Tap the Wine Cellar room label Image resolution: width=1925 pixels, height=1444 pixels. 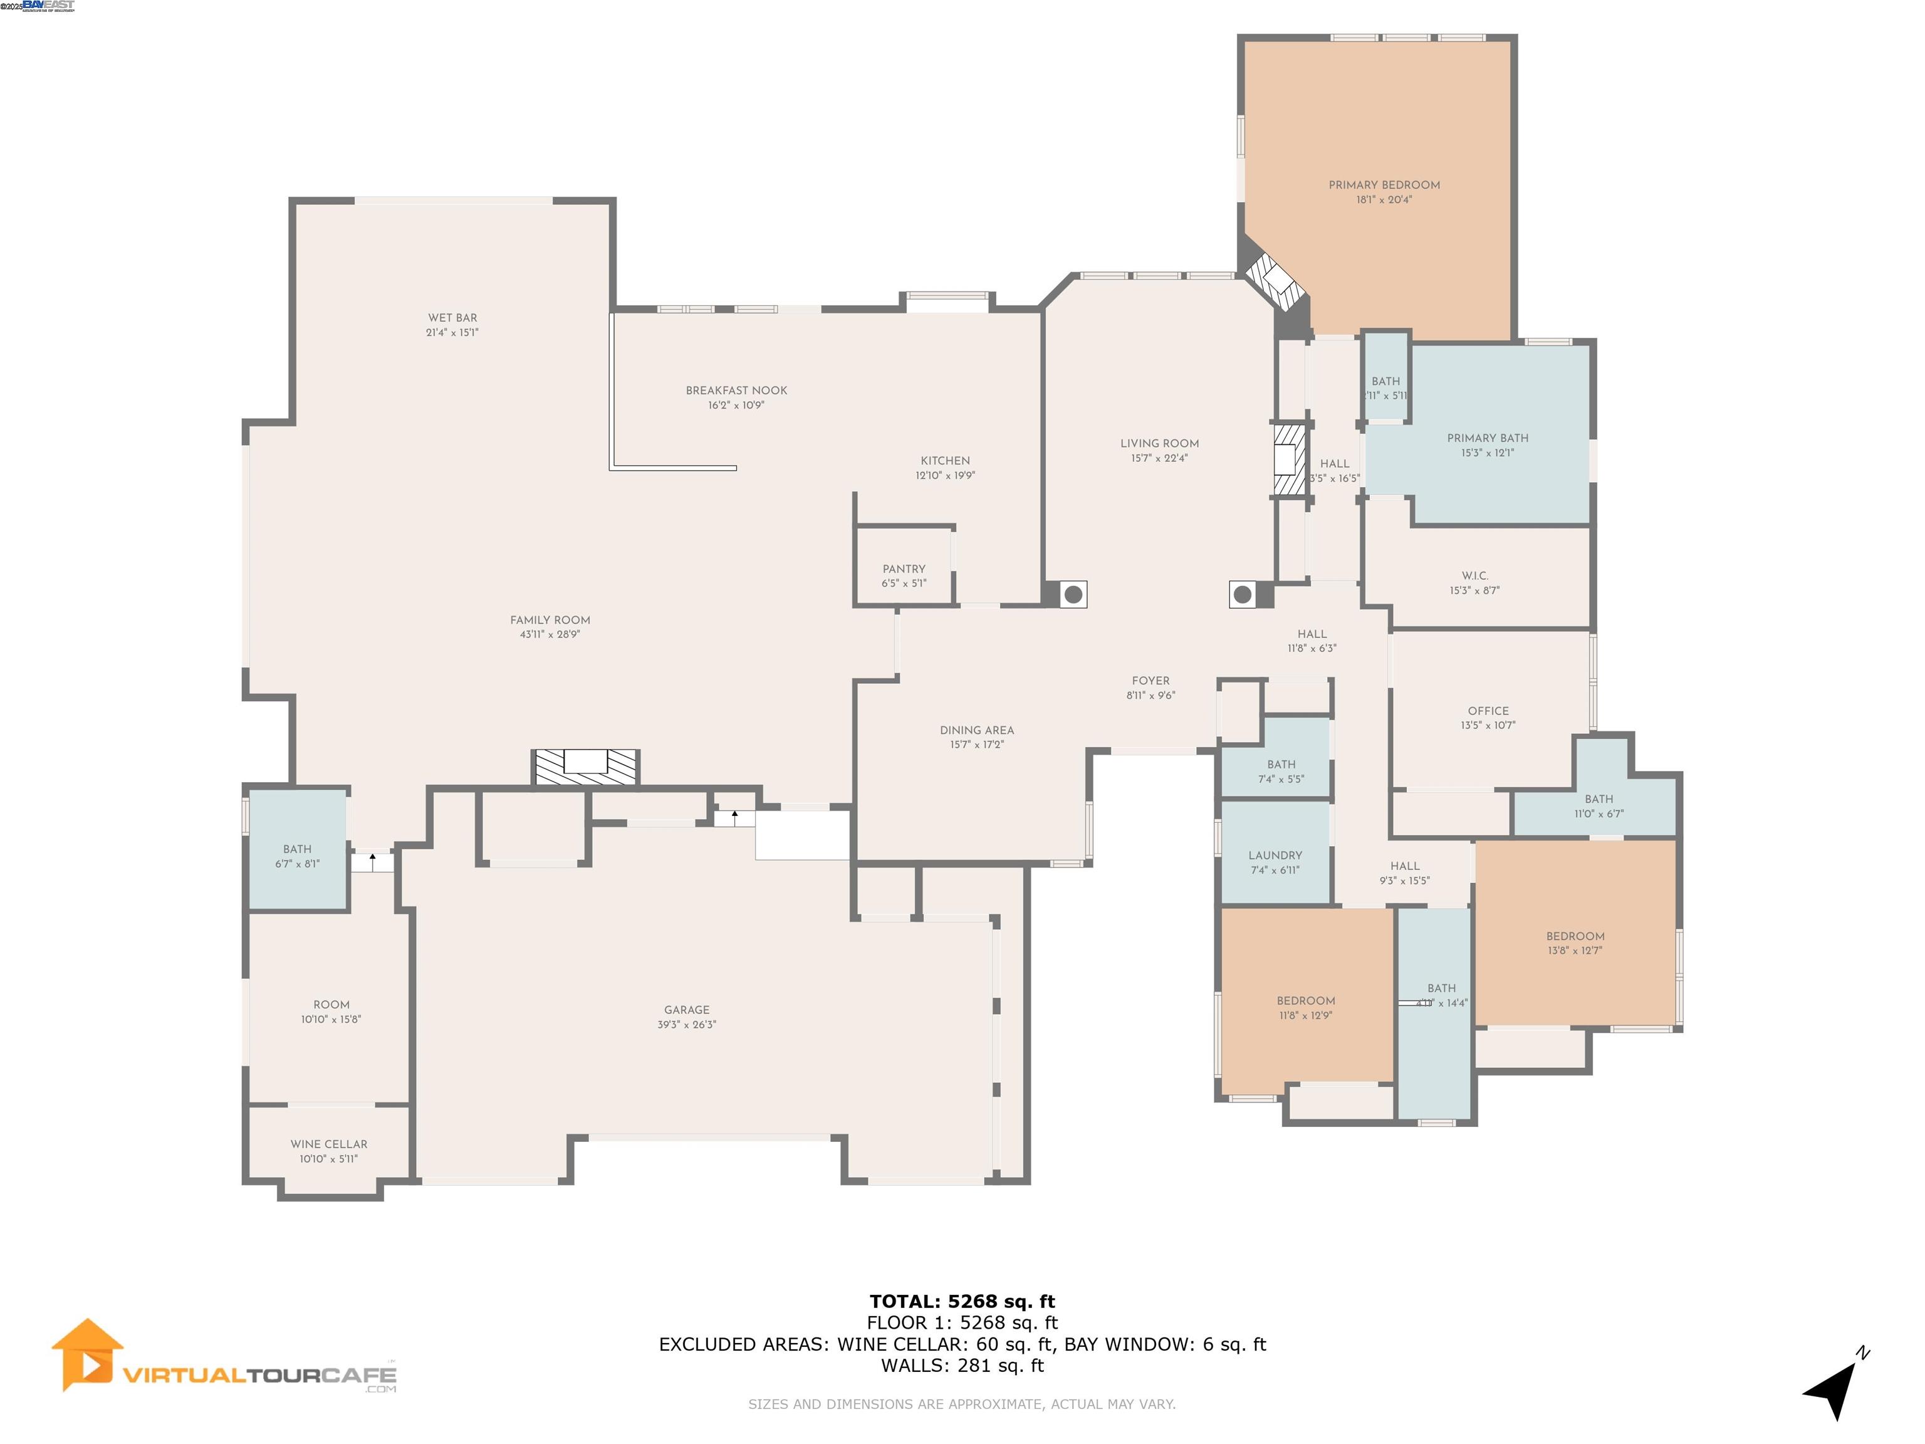pos(329,1144)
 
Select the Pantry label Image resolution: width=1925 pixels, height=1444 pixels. pos(904,568)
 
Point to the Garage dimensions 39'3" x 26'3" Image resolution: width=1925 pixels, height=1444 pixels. pos(687,1025)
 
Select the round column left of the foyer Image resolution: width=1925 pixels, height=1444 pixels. pos(1073,595)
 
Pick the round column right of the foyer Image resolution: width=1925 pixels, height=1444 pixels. pos(1243,595)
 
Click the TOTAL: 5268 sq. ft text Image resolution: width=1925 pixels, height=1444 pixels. pos(962,1301)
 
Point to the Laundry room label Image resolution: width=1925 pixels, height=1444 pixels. pos(1275,855)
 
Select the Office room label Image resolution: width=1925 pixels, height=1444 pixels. pos(1487,710)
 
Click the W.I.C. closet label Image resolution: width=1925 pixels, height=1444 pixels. pos(1474,575)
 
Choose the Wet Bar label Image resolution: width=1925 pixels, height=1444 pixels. pos(452,318)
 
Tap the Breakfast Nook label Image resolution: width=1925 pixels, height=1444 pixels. pos(736,390)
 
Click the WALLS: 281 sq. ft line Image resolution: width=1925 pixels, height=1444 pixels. pos(962,1365)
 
